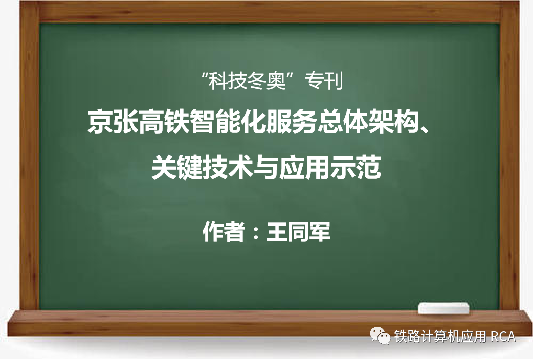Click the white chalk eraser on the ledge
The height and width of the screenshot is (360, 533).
[443, 308]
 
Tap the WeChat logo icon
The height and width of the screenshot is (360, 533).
[380, 335]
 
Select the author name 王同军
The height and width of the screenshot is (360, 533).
[298, 232]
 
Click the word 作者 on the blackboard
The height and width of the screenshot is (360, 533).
[224, 232]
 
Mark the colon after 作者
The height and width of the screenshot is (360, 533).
[256, 233]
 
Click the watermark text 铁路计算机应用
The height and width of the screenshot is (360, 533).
[440, 336]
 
